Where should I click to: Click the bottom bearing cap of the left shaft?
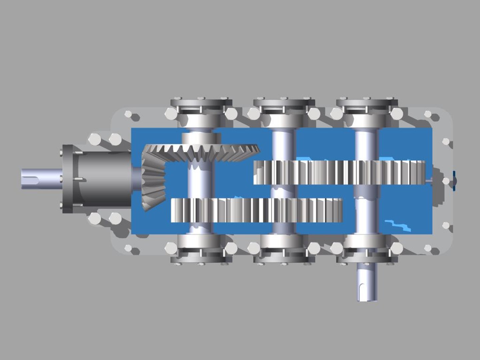[x=201, y=257]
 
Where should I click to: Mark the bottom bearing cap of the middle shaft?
[x=284, y=257]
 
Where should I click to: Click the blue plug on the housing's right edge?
[x=455, y=181]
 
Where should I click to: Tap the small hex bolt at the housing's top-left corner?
[x=128, y=114]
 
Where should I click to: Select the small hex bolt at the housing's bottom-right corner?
[x=428, y=248]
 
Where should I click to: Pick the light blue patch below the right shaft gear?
[x=398, y=225]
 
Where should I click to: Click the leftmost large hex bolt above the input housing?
[x=95, y=139]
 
